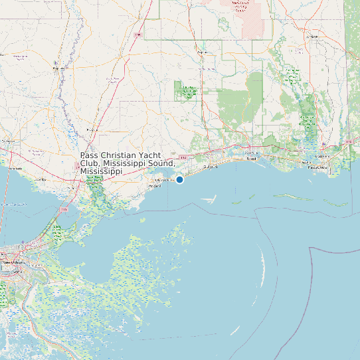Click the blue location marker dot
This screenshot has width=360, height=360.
pyautogui.click(x=179, y=179)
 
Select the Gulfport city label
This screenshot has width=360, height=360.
pyautogui.click(x=211, y=167)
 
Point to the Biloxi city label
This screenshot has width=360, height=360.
pyautogui.click(x=251, y=159)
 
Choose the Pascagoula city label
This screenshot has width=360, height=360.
pyautogui.click(x=317, y=167)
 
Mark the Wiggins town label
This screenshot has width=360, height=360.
pyautogui.click(x=201, y=50)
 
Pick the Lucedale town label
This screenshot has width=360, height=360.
pyautogui.click(x=312, y=37)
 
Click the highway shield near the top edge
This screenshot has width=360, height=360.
pyautogui.click(x=138, y=34)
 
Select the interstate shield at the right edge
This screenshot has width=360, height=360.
pyautogui.click(x=349, y=142)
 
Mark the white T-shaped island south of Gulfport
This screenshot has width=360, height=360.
pyautogui.click(x=211, y=197)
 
